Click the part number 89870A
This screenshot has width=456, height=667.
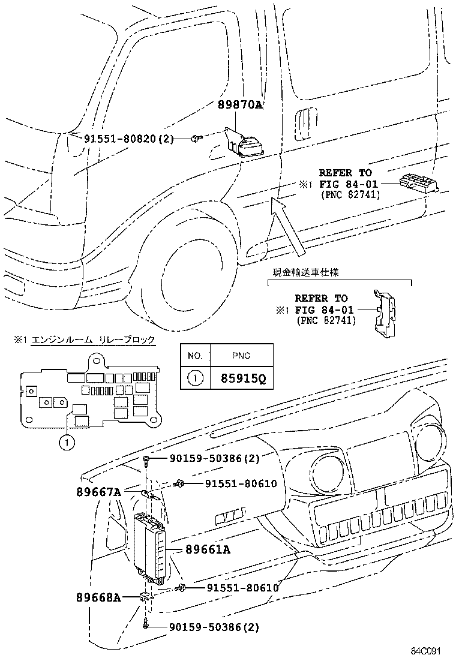pyautogui.click(x=241, y=105)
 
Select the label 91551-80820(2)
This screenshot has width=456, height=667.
pyautogui.click(x=128, y=139)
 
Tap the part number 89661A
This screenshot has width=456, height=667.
pyautogui.click(x=208, y=549)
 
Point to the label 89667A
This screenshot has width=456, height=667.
pyautogui.click(x=98, y=492)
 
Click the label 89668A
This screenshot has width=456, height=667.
pyautogui.click(x=98, y=597)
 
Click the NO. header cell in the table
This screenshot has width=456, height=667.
pyautogui.click(x=195, y=356)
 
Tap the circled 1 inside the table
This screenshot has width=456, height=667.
pyautogui.click(x=195, y=379)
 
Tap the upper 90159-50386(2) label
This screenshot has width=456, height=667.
pyautogui.click(x=205, y=459)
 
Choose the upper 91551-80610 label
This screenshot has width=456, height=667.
pyautogui.click(x=233, y=483)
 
